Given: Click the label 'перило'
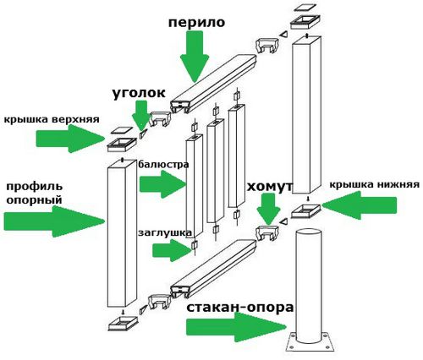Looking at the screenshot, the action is point(196,23).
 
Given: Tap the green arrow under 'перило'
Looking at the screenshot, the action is point(195,56).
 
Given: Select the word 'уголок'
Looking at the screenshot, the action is point(139,94).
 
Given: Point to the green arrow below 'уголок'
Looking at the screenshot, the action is point(141,116).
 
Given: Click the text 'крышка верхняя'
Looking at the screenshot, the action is point(52,119).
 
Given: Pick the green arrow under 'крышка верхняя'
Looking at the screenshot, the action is point(70,139).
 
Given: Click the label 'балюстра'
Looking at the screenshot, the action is point(163,164).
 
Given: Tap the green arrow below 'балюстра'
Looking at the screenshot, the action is point(162,184).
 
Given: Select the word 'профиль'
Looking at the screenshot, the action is point(35,187).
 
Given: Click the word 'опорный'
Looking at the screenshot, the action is point(34,200).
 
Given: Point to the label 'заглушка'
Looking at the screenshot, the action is point(165,233).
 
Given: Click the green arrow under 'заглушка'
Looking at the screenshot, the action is point(173,250).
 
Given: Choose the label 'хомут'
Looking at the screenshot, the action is point(270,187).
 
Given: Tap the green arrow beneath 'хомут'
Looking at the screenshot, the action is point(268,210).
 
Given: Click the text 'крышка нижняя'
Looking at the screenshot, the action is point(375,185).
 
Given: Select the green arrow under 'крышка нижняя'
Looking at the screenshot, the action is point(360,205).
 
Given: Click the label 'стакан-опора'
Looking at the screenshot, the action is point(239,308).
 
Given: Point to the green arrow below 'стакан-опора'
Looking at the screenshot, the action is point(236,327).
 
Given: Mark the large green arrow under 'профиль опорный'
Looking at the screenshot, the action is point(54,221).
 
